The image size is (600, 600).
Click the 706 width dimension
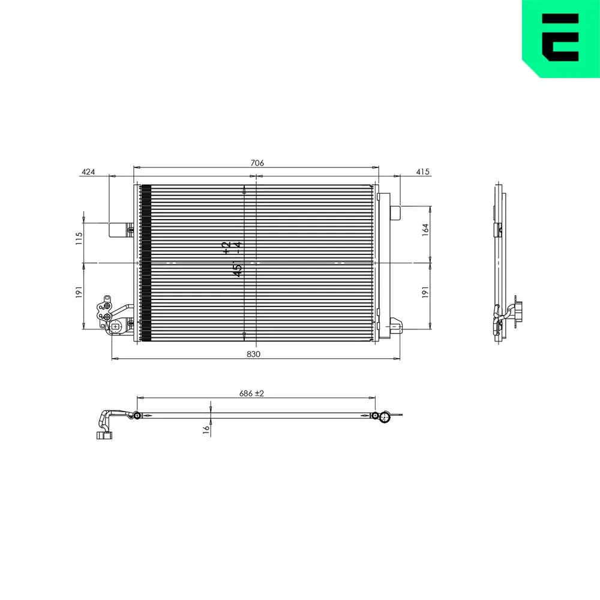click(x=257, y=163)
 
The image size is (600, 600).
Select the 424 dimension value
click(x=88, y=172)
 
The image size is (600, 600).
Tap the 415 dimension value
click(x=423, y=172)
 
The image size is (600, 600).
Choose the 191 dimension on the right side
click(x=425, y=293)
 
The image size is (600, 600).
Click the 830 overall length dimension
click(x=254, y=354)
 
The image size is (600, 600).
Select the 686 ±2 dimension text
click(x=252, y=393)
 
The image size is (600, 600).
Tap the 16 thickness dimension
click(x=206, y=428)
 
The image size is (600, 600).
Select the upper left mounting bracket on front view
click(x=121, y=229)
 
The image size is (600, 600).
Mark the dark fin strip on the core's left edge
click(x=145, y=263)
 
